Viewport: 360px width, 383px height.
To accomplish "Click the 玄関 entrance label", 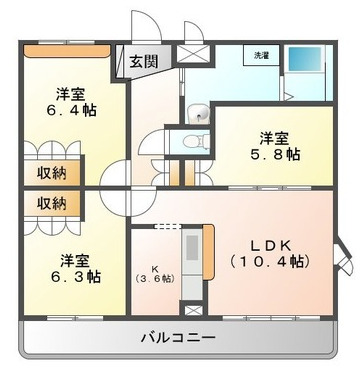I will tap(144, 61).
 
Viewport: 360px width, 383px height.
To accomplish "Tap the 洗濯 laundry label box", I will tap(261, 55).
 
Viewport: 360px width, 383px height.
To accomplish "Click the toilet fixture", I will tap(198, 141).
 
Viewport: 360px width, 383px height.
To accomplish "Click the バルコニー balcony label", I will tap(177, 338).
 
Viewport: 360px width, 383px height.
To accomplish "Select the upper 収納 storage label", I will tap(52, 171).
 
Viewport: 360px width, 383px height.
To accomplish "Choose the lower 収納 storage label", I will tap(52, 203).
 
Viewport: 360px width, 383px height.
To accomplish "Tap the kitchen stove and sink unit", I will tap(189, 255).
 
